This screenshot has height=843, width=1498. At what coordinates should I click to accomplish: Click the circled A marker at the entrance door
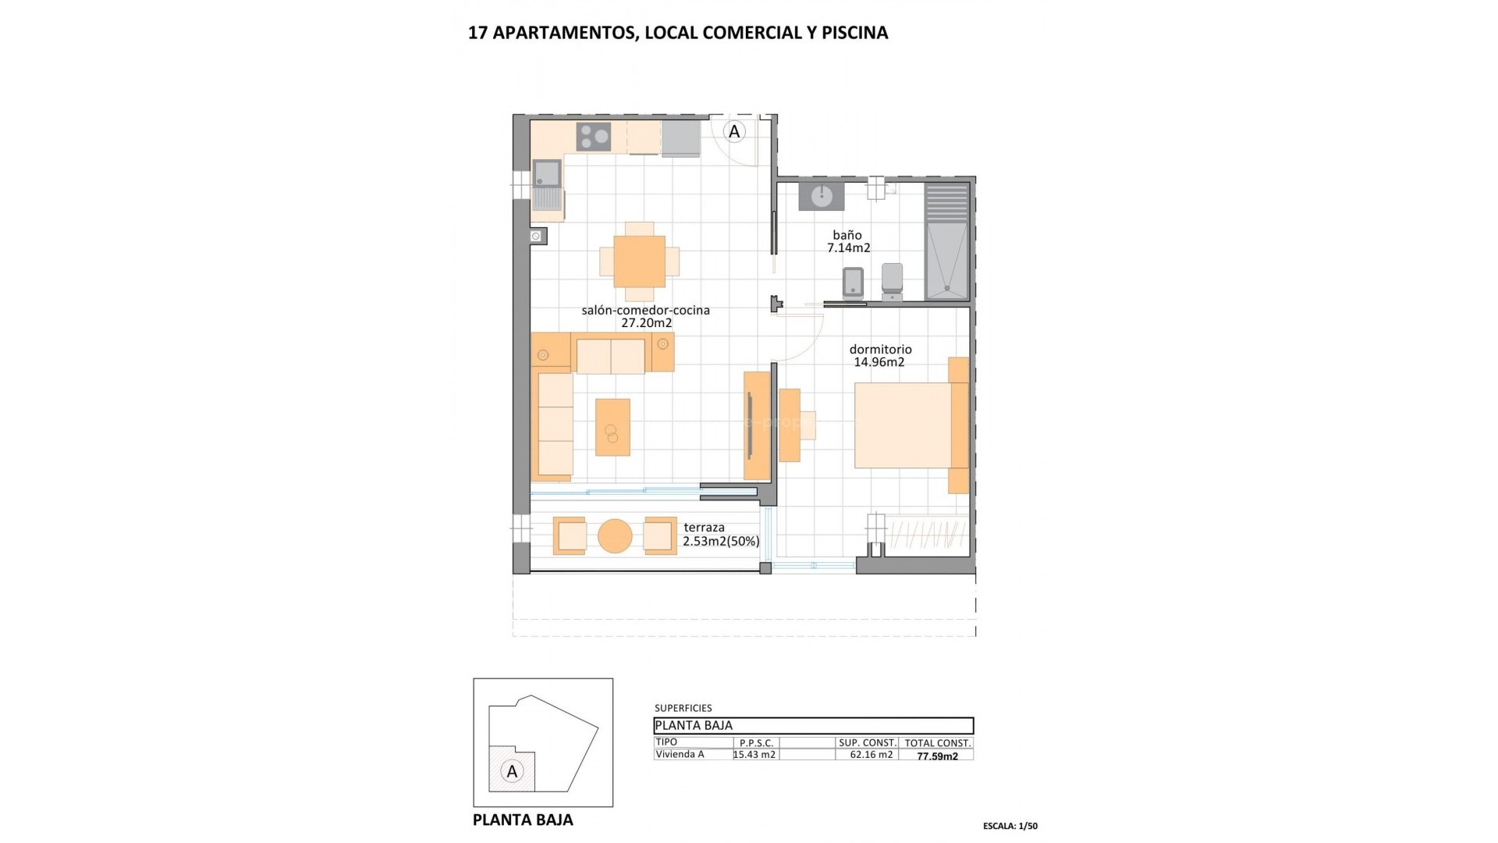[734, 132]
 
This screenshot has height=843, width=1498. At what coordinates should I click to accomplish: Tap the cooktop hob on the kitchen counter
[594, 137]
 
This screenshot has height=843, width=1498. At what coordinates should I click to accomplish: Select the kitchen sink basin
[547, 173]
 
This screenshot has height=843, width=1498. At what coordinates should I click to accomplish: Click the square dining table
[639, 261]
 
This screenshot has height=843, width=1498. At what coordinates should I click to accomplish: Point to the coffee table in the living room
[612, 427]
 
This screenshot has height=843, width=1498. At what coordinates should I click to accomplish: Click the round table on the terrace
[615, 536]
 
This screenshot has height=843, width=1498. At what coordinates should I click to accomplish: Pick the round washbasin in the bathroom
[822, 197]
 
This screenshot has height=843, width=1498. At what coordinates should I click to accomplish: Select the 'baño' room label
[847, 235]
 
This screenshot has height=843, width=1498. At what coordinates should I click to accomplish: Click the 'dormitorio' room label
[880, 350]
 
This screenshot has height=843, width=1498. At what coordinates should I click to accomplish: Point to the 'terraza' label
[704, 528]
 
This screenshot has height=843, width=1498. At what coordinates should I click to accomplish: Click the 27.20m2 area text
[646, 323]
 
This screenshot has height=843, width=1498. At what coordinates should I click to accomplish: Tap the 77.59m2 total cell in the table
[937, 756]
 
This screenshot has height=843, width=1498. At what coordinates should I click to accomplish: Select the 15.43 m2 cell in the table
[754, 755]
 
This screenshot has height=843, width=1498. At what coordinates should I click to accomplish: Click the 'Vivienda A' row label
[680, 755]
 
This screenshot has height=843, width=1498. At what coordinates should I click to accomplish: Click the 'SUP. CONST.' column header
[867, 743]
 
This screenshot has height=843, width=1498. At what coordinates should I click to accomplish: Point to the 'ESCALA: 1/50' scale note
[1010, 826]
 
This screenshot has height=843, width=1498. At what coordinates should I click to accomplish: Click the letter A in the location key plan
[512, 772]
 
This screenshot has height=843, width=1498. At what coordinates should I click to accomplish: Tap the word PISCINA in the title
[854, 33]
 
